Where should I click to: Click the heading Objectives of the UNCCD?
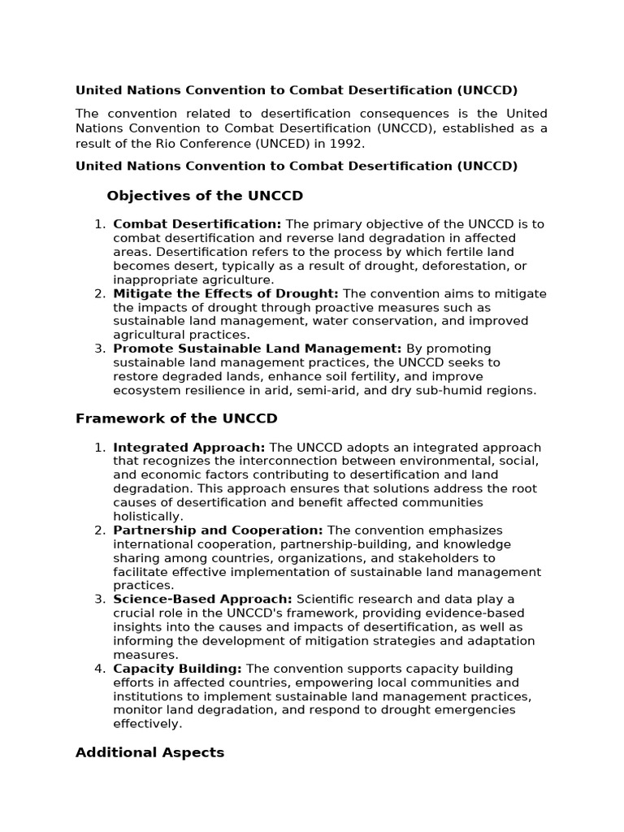(x=205, y=196)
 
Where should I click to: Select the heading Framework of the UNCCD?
(x=176, y=418)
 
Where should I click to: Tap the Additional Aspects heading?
(x=149, y=752)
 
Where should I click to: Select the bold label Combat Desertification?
(x=197, y=223)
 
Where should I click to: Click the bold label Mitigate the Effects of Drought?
(x=226, y=293)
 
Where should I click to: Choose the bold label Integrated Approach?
(x=189, y=448)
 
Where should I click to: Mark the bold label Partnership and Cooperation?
(x=218, y=531)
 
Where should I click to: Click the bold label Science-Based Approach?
(x=203, y=600)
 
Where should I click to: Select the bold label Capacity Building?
(x=177, y=668)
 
